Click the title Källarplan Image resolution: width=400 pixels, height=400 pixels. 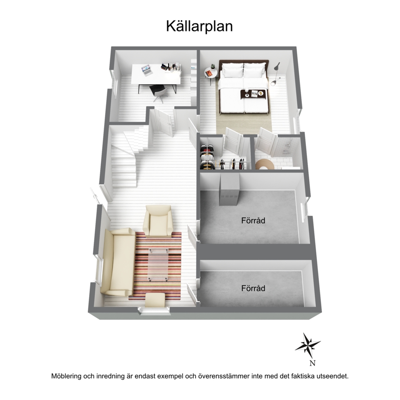coord(199,27)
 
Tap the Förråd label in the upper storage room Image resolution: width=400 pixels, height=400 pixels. coord(253,220)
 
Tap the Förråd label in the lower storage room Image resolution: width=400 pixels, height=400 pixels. coord(253,288)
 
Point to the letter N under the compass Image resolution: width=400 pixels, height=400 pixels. coord(312,363)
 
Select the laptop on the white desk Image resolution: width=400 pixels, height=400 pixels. coord(147,70)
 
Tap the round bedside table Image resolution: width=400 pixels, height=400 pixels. coord(211,75)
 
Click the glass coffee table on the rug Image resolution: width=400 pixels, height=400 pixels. coord(158,264)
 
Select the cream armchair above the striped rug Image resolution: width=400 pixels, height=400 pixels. coord(157,221)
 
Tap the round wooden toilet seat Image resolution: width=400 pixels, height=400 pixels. coord(265,164)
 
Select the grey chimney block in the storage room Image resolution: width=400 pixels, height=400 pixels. coord(229,190)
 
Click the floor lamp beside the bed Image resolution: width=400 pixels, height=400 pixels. coord(275,74)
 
